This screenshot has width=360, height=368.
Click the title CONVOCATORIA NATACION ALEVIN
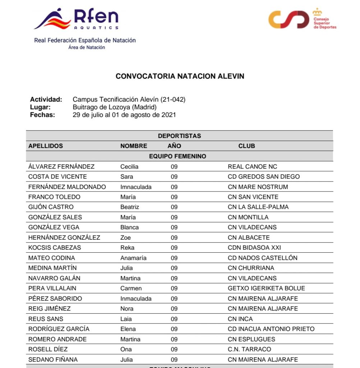click(x=180, y=76)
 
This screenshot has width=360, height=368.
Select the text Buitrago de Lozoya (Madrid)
click(x=115, y=107)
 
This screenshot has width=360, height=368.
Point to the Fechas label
click(x=42, y=115)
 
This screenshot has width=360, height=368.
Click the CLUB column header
click(x=246, y=146)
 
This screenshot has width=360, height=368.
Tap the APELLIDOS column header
click(x=46, y=146)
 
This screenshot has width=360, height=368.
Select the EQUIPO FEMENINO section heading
click(x=177, y=156)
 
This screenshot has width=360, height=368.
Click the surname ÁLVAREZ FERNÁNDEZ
click(x=61, y=166)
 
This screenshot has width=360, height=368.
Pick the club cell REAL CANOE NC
click(x=252, y=166)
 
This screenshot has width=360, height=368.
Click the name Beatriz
click(x=130, y=207)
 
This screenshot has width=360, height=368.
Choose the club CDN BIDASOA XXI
click(x=254, y=248)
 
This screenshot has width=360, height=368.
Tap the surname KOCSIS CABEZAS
click(x=55, y=248)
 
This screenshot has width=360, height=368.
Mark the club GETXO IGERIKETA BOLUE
click(x=266, y=288)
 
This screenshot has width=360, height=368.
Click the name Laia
click(x=126, y=319)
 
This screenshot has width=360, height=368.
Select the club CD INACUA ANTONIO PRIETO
click(x=271, y=329)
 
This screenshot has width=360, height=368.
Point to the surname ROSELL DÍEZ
click(x=48, y=349)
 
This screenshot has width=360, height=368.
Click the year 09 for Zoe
click(x=174, y=238)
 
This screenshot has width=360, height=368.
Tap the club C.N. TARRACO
click(x=249, y=349)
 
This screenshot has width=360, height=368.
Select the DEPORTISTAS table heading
click(x=179, y=136)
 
